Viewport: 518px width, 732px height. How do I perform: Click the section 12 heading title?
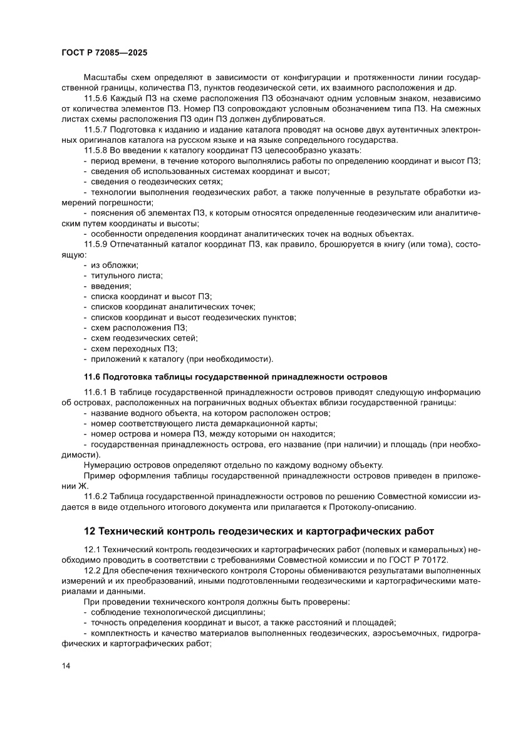click(259, 531)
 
